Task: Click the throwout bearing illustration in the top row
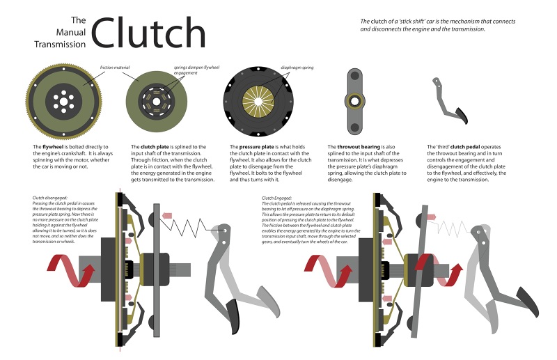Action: [354, 102]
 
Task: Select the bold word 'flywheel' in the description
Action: [54, 147]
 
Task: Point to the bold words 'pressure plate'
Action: [258, 147]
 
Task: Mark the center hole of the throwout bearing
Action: [354, 102]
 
